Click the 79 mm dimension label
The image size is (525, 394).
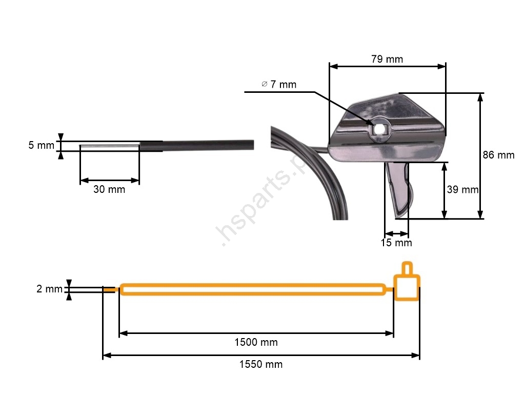[x=387, y=60]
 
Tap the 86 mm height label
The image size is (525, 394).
[x=498, y=155]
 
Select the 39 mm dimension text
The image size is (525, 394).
[x=463, y=190]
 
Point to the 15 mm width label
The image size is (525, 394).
[x=396, y=243]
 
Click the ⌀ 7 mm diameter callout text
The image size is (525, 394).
[x=279, y=85]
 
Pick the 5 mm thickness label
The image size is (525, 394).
[x=41, y=145]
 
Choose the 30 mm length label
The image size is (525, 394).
[x=109, y=189]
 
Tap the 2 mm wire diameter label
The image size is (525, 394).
[x=49, y=289]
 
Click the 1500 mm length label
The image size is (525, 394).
[x=256, y=342]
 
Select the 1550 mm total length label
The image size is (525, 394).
[x=261, y=364]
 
